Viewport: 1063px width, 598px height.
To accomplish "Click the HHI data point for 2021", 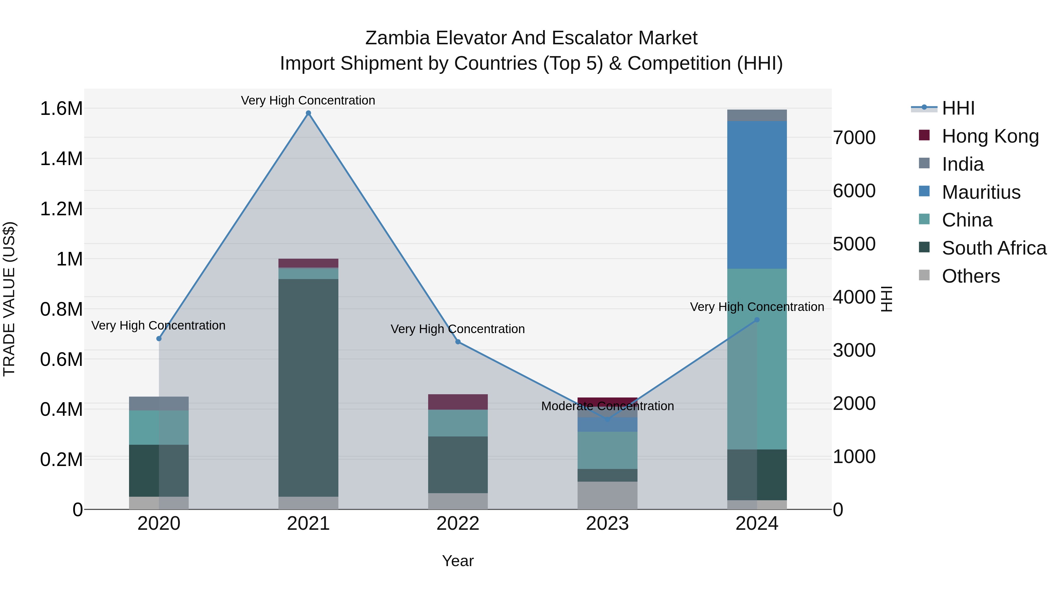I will pos(308,113).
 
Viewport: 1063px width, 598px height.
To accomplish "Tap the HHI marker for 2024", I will pos(757,320).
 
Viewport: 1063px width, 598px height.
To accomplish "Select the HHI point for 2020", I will pos(159,339).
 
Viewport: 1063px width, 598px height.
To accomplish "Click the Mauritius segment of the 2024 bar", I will pos(757,195).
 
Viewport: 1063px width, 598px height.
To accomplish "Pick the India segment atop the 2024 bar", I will pos(757,115).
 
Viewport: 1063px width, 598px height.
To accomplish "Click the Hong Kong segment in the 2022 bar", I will pos(458,402).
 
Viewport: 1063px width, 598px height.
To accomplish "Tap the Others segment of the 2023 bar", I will pos(607,495).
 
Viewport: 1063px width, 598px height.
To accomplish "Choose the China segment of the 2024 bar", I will pos(757,359).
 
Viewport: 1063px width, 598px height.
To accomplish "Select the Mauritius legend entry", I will pos(981,192).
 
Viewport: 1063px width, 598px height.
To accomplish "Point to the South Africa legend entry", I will pos(994,248).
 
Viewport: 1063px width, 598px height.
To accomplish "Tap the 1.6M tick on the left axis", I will pos(61,109).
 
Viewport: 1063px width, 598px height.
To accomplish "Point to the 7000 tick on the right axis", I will pos(854,138).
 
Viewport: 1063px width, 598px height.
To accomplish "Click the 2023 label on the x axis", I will pos(607,524).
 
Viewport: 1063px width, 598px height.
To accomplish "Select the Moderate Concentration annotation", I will pos(607,406).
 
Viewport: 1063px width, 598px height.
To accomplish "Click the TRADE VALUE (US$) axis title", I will pos(9,299).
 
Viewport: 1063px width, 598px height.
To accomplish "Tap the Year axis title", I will pos(458,561).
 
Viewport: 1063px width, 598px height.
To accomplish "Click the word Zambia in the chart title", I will pos(397,38).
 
